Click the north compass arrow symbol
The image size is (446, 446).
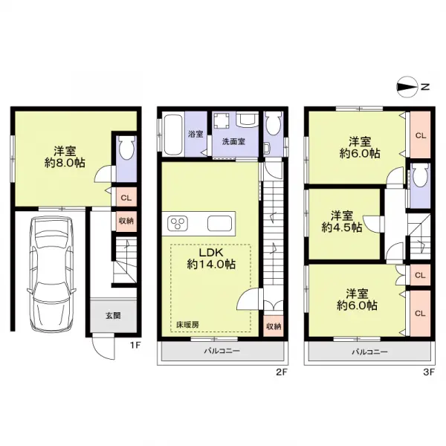coord(407,87)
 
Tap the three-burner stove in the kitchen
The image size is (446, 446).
coord(180,223)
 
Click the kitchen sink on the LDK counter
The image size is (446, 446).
coord(220,223)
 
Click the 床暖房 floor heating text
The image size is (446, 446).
coord(187,326)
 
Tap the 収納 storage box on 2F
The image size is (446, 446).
coord(272,326)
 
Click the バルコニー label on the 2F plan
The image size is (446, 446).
coord(221,351)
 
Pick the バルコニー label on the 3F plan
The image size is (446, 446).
coord(369,351)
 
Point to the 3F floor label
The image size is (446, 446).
coord(427,366)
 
